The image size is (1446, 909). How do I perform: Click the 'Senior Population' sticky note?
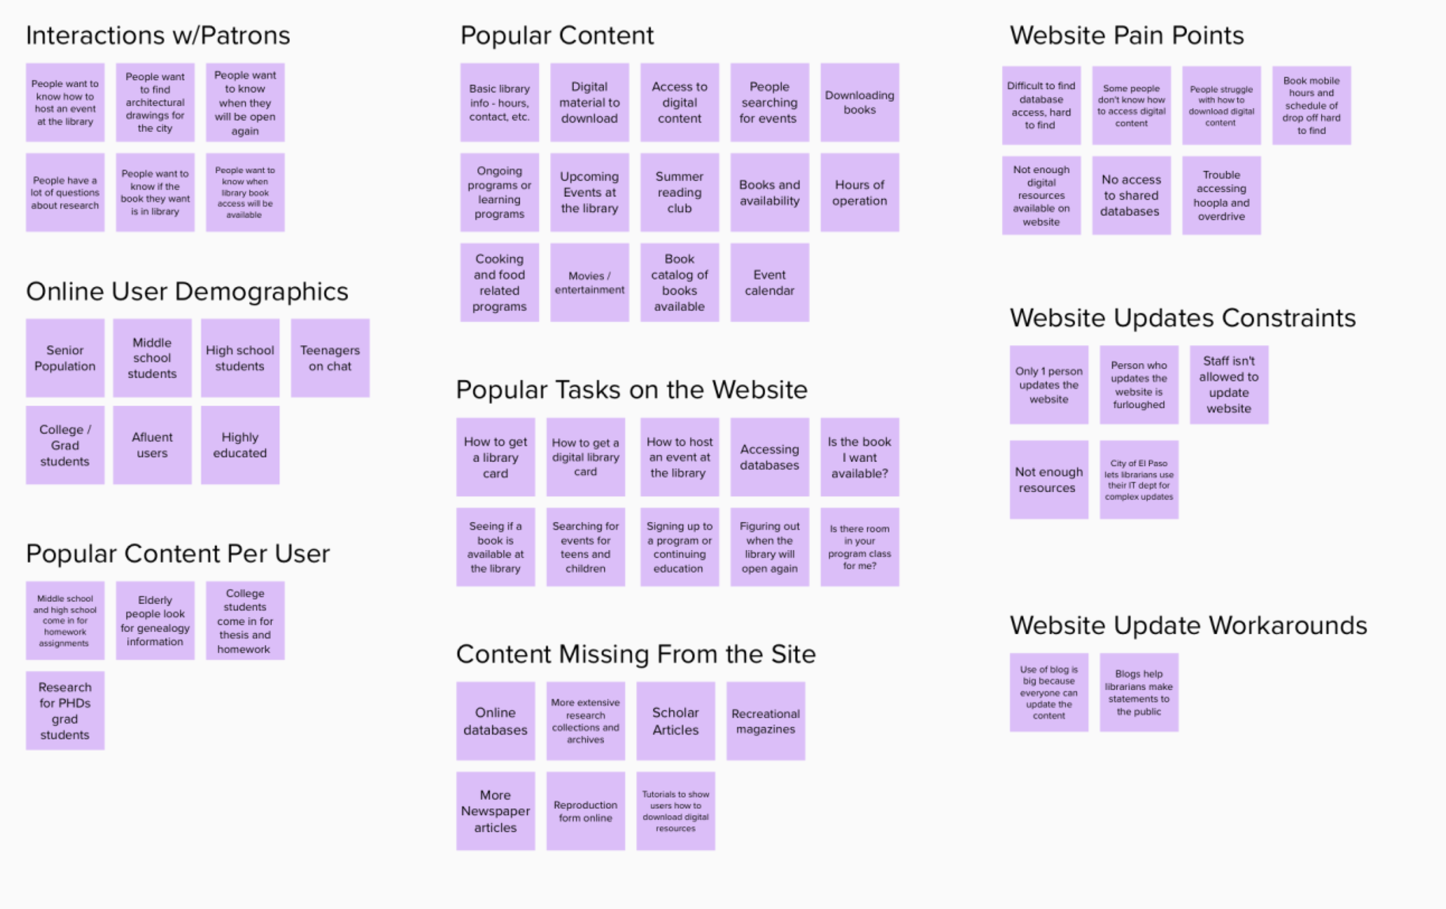tap(65, 358)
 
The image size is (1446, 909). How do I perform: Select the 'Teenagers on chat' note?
tap(330, 358)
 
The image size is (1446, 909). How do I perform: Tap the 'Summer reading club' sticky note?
tap(679, 192)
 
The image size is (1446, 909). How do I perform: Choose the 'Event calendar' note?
tap(769, 282)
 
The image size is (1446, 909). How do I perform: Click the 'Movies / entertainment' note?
tap(589, 282)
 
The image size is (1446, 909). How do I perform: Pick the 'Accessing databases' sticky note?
tap(769, 457)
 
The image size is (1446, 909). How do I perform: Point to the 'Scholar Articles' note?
tap(676, 720)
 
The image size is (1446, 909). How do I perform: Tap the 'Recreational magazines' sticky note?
tap(766, 720)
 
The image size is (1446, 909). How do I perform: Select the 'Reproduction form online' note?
tap(585, 811)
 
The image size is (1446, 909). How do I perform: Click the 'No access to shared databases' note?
tap(1131, 195)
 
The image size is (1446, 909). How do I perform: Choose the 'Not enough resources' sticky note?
tap(1049, 479)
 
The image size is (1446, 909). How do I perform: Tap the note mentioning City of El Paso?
tap(1138, 479)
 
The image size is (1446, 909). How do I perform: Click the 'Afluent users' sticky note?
tap(152, 445)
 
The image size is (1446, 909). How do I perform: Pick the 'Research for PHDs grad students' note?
tap(65, 710)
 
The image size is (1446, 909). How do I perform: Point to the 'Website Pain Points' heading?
tap(1127, 35)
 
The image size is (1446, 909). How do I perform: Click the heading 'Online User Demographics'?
tap(187, 292)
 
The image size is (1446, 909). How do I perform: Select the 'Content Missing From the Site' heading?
tap(635, 654)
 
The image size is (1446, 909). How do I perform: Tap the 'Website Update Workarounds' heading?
tap(1188, 626)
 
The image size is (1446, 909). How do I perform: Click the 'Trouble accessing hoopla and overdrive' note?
tap(1221, 195)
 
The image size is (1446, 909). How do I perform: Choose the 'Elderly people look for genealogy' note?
tap(155, 620)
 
